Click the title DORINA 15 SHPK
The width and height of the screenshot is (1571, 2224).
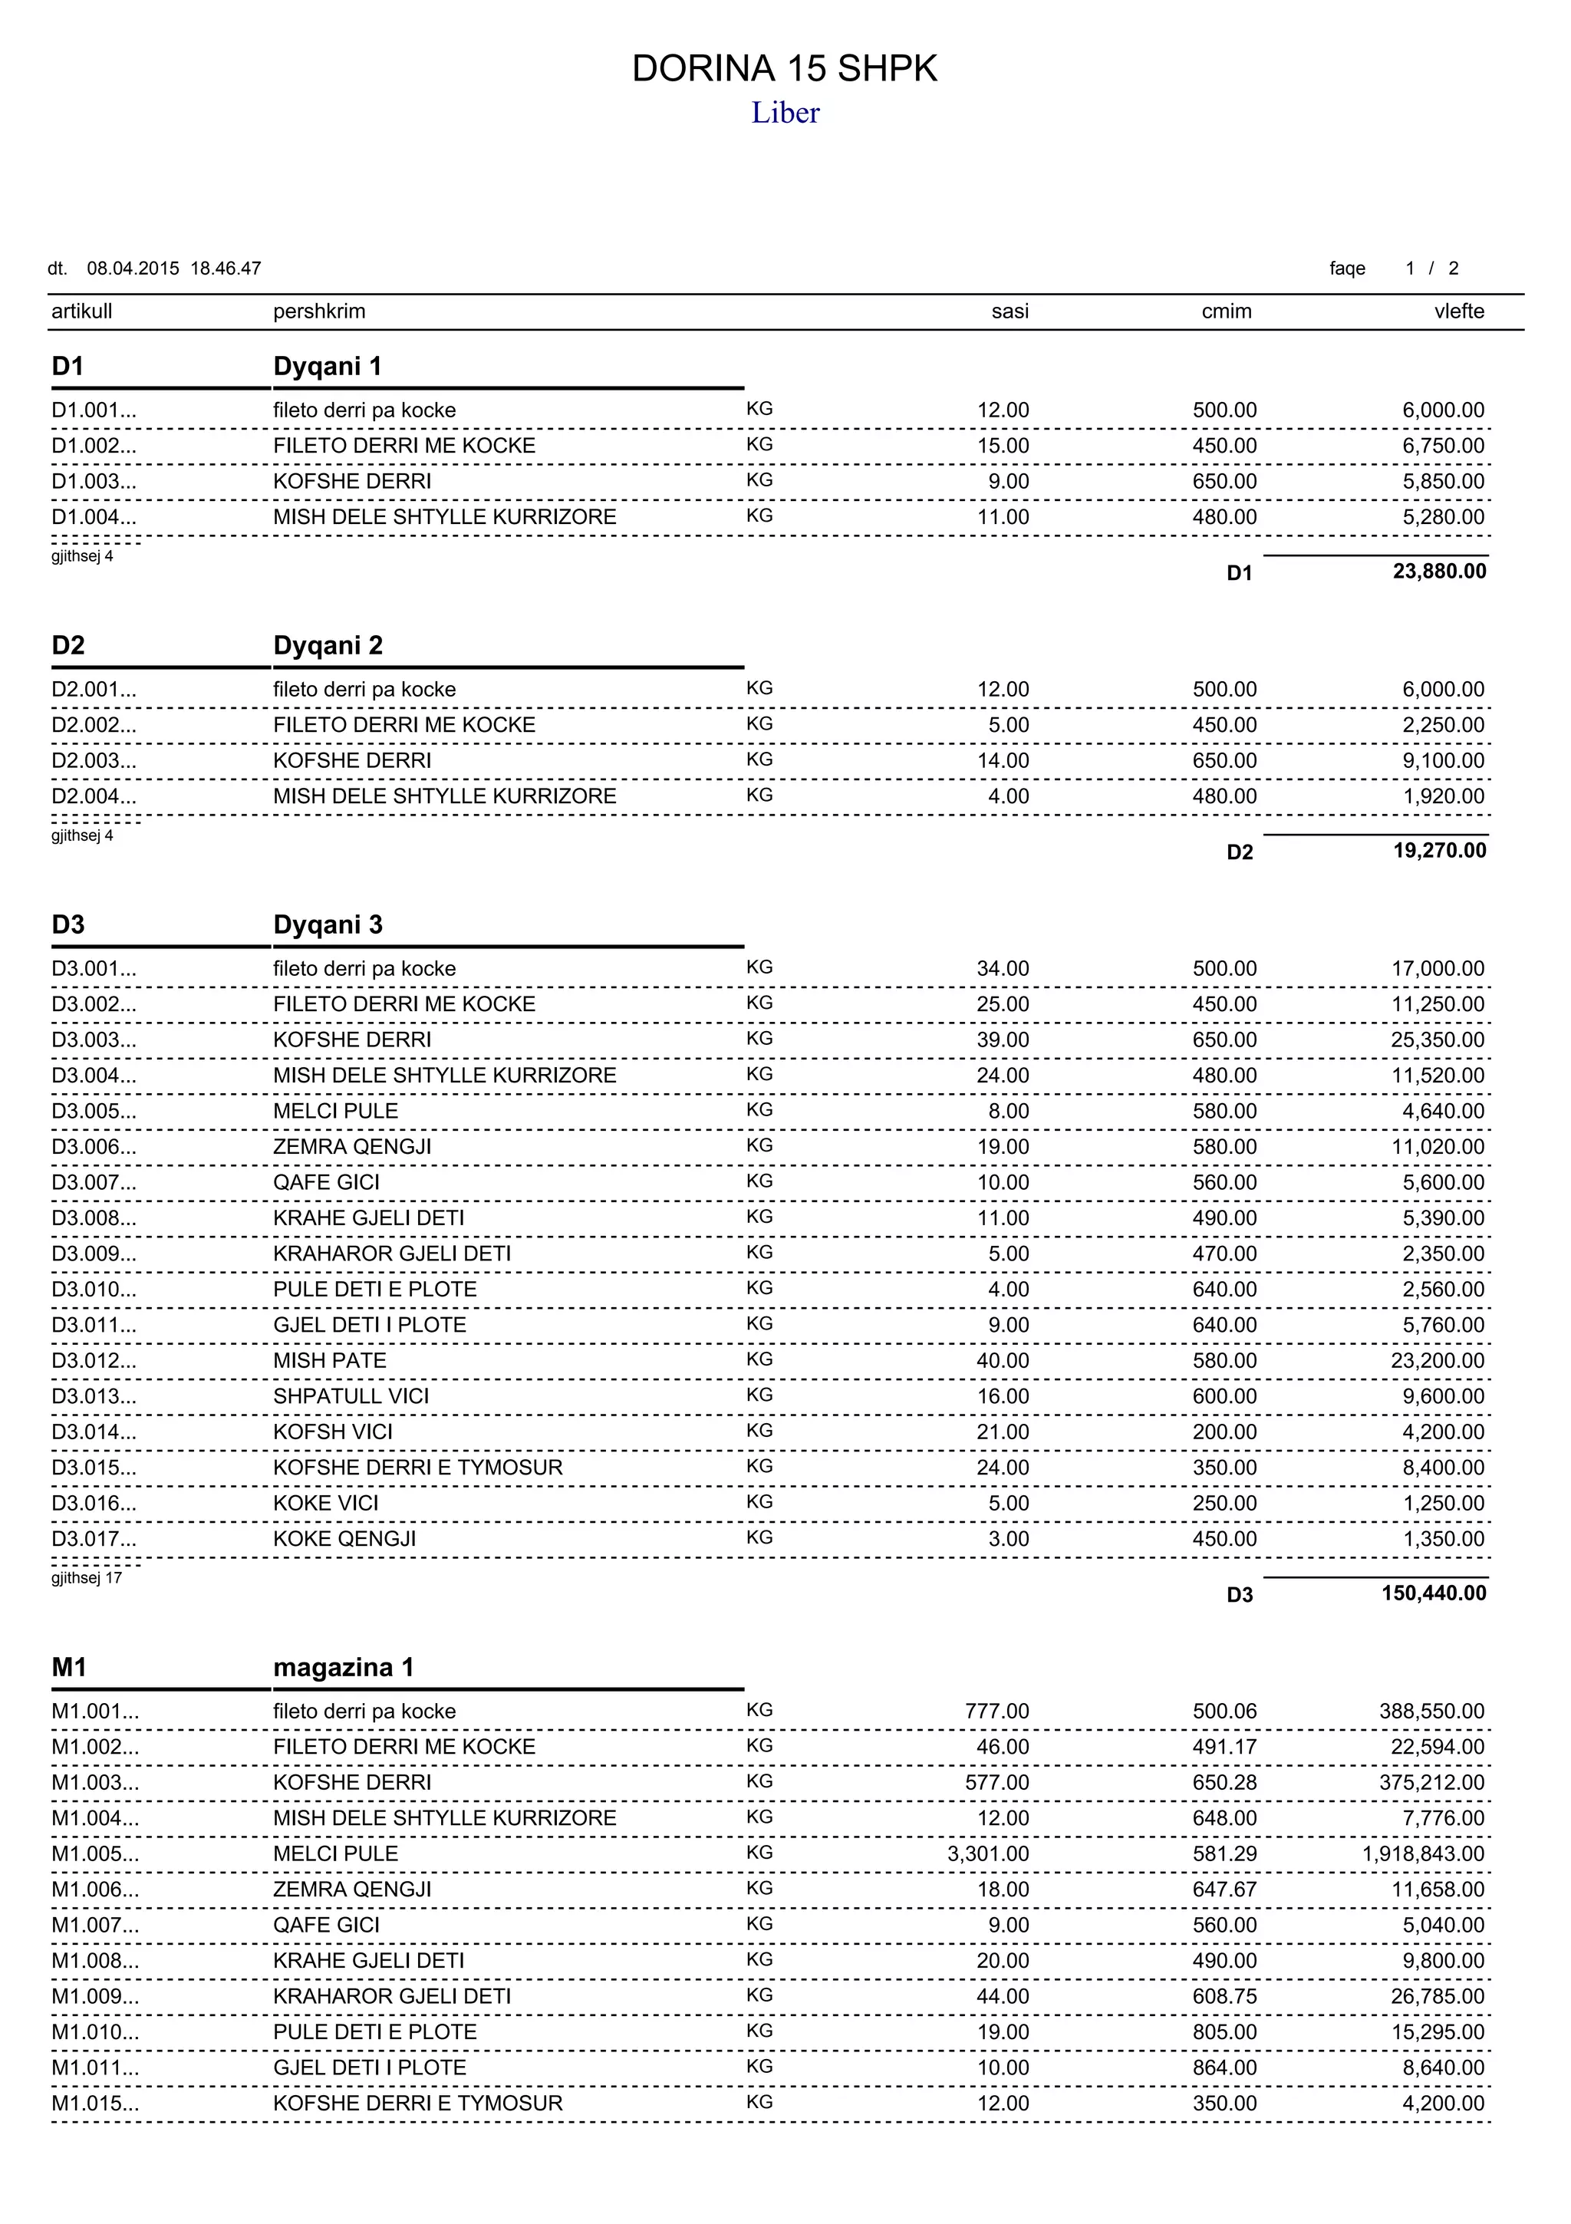click(785, 69)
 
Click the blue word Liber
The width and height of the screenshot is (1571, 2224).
click(785, 114)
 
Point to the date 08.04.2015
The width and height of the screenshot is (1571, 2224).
click(133, 269)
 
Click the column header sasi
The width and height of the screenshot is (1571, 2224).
click(1009, 311)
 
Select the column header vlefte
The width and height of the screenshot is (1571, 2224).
click(1459, 311)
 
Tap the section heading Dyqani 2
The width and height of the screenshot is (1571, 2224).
click(328, 645)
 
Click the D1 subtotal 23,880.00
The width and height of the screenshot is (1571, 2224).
click(1439, 572)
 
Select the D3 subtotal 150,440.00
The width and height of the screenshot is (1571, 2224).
click(1434, 1593)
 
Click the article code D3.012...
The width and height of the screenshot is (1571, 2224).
click(93, 1360)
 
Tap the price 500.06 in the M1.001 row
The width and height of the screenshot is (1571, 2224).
click(1224, 1711)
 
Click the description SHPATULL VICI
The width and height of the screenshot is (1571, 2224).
click(351, 1395)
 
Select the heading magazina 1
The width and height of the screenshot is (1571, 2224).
click(343, 1667)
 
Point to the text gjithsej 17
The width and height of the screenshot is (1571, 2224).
click(86, 1578)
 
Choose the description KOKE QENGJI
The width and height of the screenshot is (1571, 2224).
click(344, 1538)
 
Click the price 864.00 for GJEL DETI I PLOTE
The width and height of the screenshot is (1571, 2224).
click(1224, 2067)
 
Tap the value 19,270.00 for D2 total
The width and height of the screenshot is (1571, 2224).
click(1439, 851)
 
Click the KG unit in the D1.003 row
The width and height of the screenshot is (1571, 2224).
click(759, 480)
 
